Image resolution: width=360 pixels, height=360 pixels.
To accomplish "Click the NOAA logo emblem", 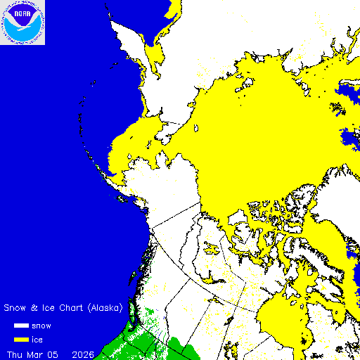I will coord(22,22).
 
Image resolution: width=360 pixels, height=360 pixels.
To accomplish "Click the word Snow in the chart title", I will coord(15,308).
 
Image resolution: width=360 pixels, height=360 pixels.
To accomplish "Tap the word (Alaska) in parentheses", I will coord(104,308).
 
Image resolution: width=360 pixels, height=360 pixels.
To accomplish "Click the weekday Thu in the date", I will coord(15,353).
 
